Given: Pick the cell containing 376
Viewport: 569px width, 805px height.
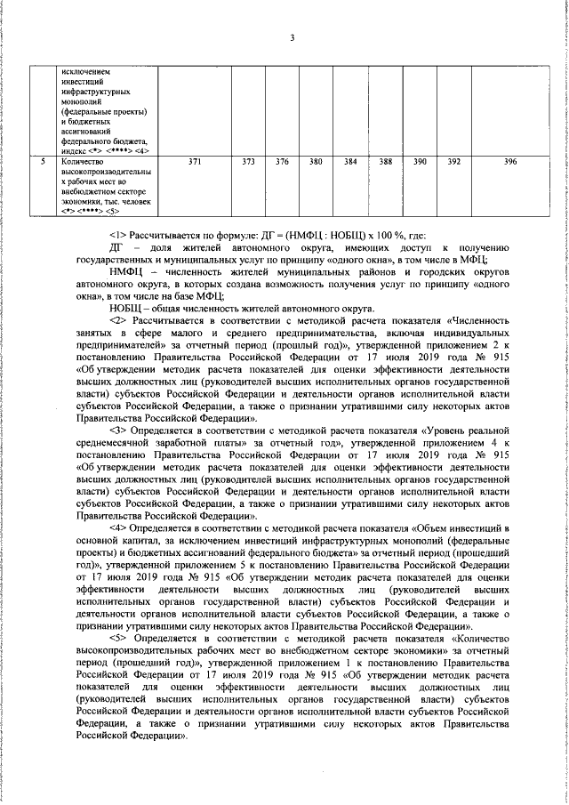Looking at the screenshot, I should [x=282, y=162].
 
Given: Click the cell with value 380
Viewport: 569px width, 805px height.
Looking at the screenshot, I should [x=315, y=162].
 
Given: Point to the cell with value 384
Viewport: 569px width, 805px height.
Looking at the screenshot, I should [x=350, y=162].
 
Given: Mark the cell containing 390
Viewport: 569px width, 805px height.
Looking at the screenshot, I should [x=419, y=162].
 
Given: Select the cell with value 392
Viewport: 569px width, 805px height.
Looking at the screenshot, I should [x=453, y=162].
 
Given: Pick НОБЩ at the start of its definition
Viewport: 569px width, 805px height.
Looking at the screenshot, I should [x=125, y=308].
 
